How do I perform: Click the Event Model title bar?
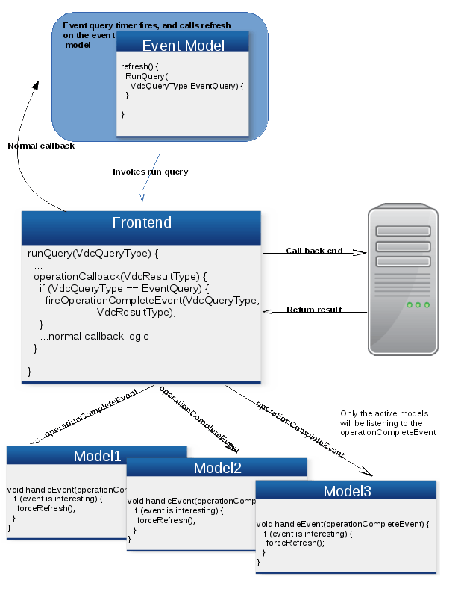183,46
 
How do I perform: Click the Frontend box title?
142,223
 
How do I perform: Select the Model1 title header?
97,456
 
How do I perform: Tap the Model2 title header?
217,468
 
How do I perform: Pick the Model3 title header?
347,490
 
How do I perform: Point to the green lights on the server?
418,305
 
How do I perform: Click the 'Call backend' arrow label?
314,251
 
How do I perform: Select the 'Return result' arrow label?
314,310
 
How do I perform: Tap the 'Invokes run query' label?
151,172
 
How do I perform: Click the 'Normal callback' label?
42,146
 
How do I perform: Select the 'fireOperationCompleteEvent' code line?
152,301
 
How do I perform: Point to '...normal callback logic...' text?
99,337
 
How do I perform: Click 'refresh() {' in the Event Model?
139,67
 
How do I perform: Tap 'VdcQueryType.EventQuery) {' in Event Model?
187,86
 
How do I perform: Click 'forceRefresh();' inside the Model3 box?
295,543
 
